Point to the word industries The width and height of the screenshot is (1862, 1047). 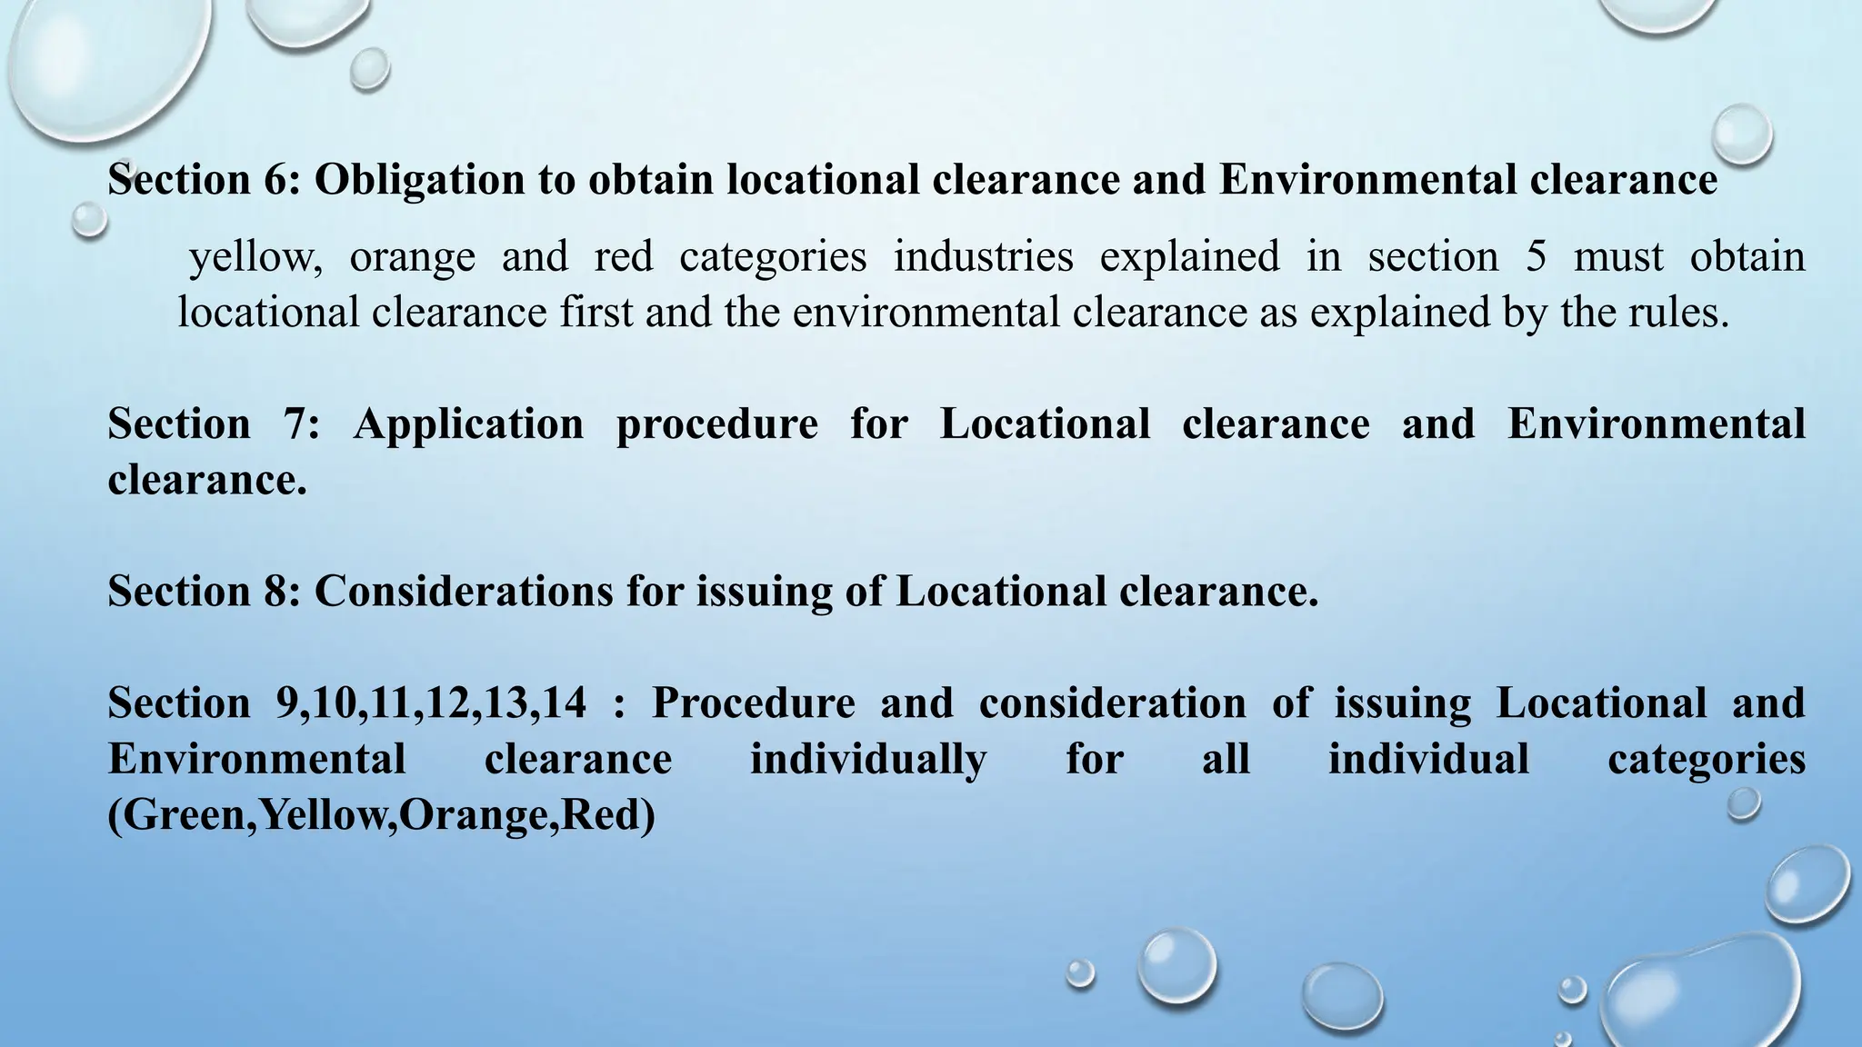pyautogui.click(x=984, y=256)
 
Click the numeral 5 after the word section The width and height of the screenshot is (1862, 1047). pyautogui.click(x=1536, y=256)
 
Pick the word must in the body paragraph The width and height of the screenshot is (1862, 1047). pyautogui.click(x=1618, y=256)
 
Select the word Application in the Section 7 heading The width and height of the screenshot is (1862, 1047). pyautogui.click(x=468, y=424)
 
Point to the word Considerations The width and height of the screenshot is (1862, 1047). pyautogui.click(x=464, y=592)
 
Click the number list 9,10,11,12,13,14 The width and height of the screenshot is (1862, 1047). pyautogui.click(x=431, y=703)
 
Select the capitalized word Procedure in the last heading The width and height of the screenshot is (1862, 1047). pyautogui.click(x=753, y=703)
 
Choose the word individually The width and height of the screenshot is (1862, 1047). pyautogui.click(x=868, y=759)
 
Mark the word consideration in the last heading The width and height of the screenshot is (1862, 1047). pyautogui.click(x=1112, y=703)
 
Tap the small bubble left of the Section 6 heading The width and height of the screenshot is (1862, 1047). pyautogui.click(x=89, y=220)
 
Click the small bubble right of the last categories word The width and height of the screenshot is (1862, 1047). pyautogui.click(x=1743, y=804)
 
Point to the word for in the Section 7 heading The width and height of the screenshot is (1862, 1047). pyautogui.click(x=878, y=424)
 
